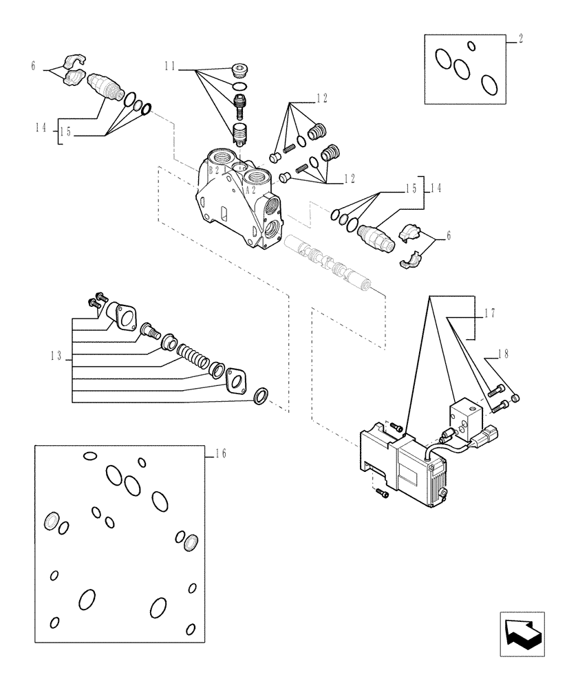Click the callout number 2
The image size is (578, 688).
pos(520,40)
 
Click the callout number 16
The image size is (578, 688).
pos(220,453)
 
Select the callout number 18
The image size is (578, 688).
pos(503,354)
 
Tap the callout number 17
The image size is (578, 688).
pos(491,313)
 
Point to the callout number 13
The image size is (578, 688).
pos(56,356)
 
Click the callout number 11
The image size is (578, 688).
pos(171,67)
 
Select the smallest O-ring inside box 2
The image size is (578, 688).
pos(471,46)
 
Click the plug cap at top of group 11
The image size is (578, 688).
pos(239,69)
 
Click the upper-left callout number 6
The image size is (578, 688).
pos(32,66)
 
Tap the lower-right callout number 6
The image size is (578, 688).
pos(449,235)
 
